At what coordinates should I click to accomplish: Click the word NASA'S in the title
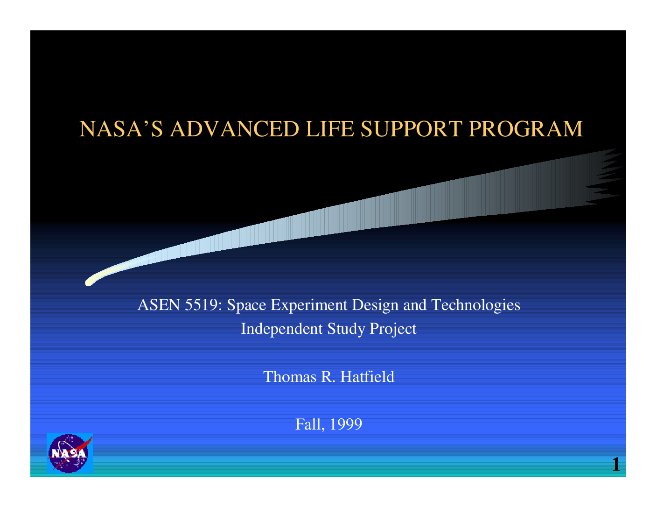pyautogui.click(x=121, y=128)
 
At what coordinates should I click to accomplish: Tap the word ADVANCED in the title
pyautogui.click(x=234, y=128)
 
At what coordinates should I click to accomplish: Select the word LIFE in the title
pyautogui.click(x=329, y=128)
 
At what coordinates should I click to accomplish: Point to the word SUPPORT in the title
pyautogui.click(x=412, y=128)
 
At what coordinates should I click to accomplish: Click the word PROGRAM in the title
pyautogui.click(x=526, y=128)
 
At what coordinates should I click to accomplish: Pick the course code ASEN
pyautogui.click(x=159, y=305)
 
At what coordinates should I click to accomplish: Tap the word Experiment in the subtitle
pyautogui.click(x=309, y=305)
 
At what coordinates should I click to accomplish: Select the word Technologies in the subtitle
pyautogui.click(x=475, y=305)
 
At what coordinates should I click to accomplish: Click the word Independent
pyautogui.click(x=282, y=329)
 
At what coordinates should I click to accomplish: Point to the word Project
pyautogui.click(x=393, y=329)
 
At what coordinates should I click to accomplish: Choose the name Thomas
pyautogui.click(x=290, y=377)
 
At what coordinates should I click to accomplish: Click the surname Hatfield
pyautogui.click(x=367, y=377)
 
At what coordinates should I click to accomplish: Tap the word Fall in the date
pyautogui.click(x=310, y=424)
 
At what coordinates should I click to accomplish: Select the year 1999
pyautogui.click(x=346, y=424)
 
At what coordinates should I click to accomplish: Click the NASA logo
pyautogui.click(x=70, y=453)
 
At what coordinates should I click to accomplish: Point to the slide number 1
pyautogui.click(x=615, y=464)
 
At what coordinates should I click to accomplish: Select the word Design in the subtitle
pyautogui.click(x=375, y=305)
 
